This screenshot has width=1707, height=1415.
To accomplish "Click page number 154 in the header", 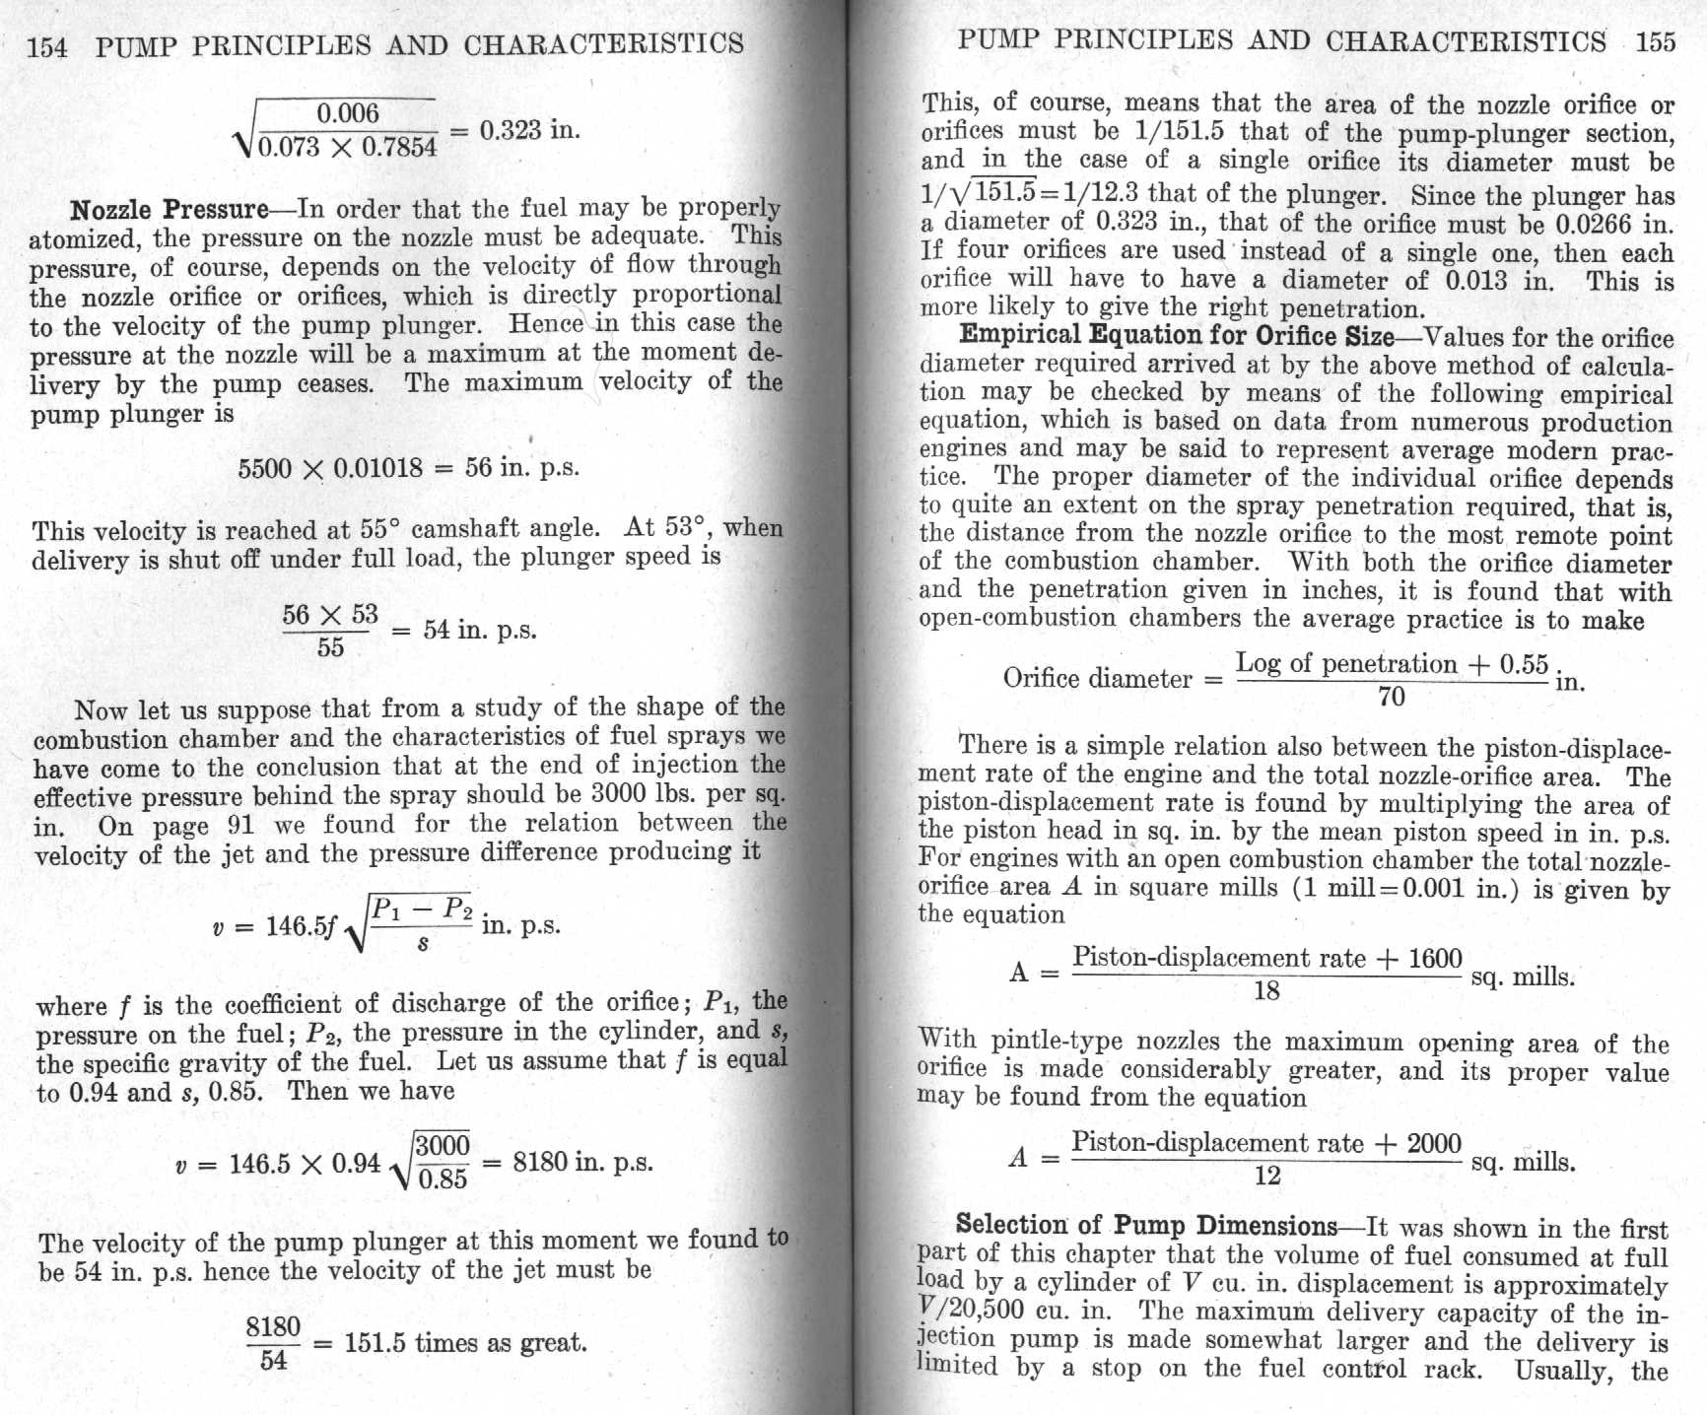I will pyautogui.click(x=47, y=46).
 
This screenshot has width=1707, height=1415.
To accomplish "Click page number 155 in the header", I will pyautogui.click(x=1655, y=41).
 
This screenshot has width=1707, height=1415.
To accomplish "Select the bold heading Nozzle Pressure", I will pyautogui.click(x=169, y=210).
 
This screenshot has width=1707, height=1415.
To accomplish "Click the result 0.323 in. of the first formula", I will pyautogui.click(x=529, y=131).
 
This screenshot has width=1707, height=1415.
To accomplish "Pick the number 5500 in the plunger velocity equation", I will pyautogui.click(x=265, y=468).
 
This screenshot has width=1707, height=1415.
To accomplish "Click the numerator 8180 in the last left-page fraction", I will pyautogui.click(x=273, y=1327).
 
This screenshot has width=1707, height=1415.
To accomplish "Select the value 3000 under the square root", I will pyautogui.click(x=443, y=1145).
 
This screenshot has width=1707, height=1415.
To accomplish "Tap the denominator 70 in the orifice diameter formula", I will pyautogui.click(x=1391, y=697).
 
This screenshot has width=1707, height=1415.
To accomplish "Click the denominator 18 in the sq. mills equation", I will pyautogui.click(x=1266, y=989).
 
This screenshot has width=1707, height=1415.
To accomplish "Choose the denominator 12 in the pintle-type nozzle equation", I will pyautogui.click(x=1266, y=1175).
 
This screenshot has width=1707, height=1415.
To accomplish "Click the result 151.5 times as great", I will pyautogui.click(x=465, y=1343).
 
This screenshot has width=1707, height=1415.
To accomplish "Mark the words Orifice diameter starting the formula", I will pyautogui.click(x=1097, y=679).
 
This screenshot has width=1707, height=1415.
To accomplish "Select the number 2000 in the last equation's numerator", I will pyautogui.click(x=1434, y=1143).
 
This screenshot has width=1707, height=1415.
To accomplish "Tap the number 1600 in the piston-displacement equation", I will pyautogui.click(x=1434, y=958).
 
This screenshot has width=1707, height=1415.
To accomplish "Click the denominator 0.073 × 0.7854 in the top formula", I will pyautogui.click(x=347, y=148).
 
